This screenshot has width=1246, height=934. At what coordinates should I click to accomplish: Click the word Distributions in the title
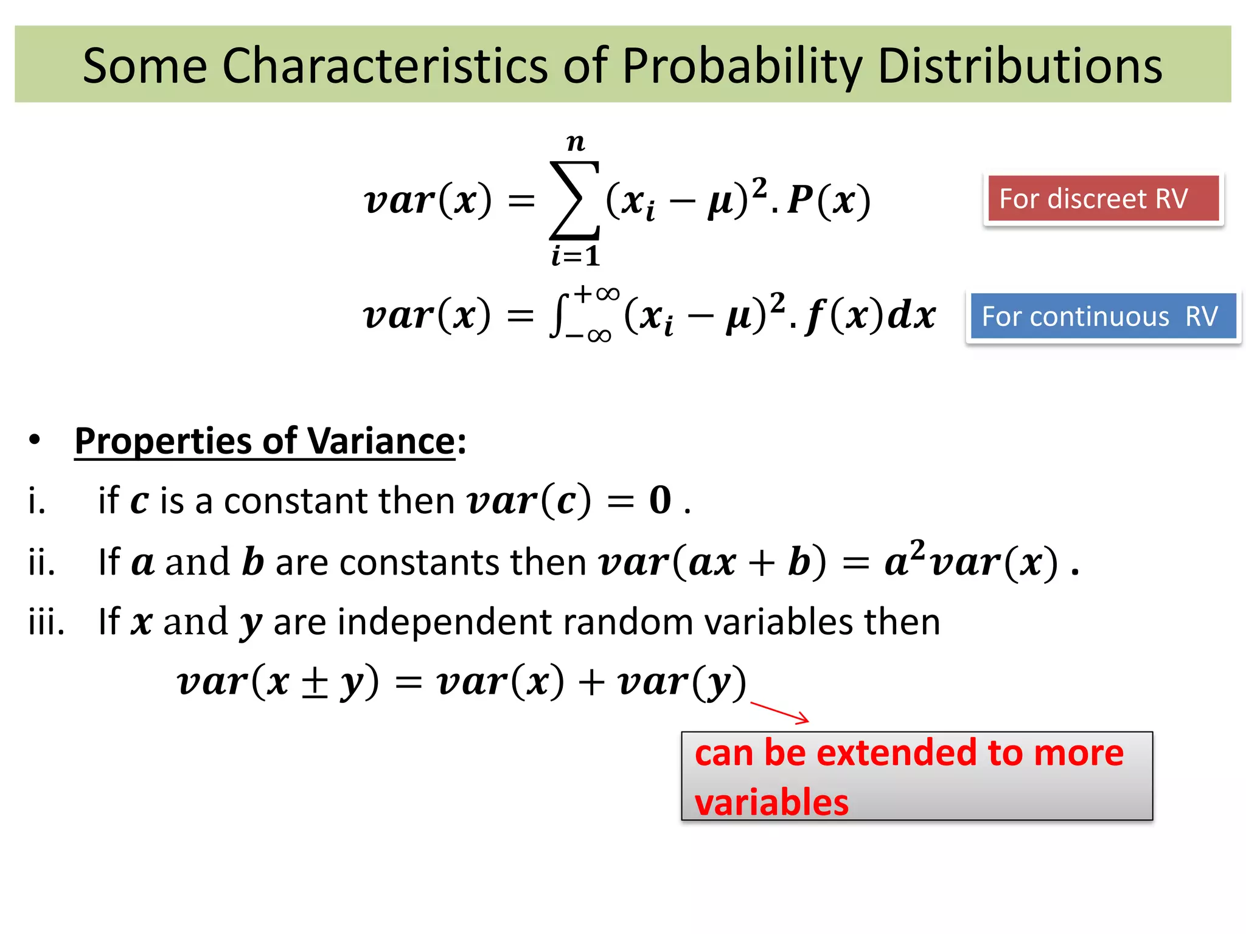tap(1020, 66)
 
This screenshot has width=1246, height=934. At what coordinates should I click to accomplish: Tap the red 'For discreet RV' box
tap(1103, 199)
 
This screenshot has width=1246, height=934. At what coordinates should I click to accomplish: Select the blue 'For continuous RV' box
tap(1103, 316)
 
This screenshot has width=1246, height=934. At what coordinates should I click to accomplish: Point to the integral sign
tap(558, 316)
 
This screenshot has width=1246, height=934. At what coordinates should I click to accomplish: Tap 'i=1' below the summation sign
tap(576, 255)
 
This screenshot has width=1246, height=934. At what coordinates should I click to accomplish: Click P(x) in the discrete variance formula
tap(829, 200)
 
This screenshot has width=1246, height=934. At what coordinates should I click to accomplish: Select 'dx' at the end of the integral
tap(911, 316)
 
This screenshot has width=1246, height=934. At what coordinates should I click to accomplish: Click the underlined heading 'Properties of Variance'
tap(265, 441)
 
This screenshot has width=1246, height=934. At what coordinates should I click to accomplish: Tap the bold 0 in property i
tap(660, 500)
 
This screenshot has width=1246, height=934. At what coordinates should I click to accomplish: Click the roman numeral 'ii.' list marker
tap(41, 562)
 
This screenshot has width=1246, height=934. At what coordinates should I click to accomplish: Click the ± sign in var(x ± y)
tap(315, 683)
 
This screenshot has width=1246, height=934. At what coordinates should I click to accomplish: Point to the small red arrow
tap(780, 712)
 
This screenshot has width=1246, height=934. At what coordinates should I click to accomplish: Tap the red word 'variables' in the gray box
tap(771, 802)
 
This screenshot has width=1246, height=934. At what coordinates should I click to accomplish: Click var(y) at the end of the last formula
tap(681, 682)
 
